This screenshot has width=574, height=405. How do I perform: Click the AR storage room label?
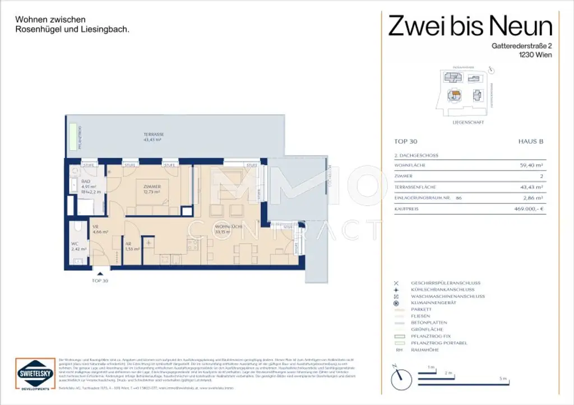[128, 244]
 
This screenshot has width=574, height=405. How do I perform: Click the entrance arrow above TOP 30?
[100, 272]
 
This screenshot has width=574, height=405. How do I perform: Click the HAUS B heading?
[530, 142]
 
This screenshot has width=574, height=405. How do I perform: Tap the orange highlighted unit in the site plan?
[456, 94]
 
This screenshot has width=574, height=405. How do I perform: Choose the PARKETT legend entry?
[420, 310]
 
